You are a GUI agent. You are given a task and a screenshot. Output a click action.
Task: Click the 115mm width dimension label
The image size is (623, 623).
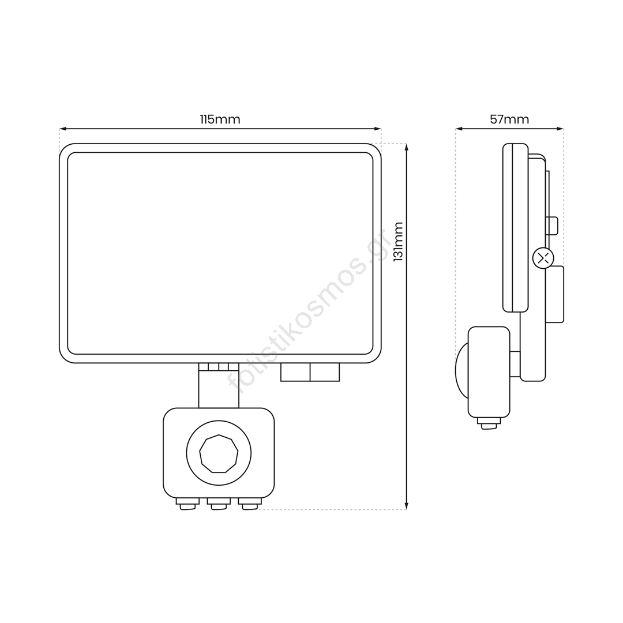[220, 119]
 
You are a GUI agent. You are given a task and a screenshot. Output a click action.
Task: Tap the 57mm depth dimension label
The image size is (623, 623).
[509, 119]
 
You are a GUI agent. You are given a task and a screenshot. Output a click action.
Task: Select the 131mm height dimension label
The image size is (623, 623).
[398, 242]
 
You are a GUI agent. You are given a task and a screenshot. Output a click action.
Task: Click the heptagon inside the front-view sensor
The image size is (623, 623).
[219, 453]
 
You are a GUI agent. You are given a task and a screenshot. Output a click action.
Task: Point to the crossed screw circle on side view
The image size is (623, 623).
[543, 258]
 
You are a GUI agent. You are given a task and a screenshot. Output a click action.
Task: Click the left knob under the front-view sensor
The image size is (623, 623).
[187, 504]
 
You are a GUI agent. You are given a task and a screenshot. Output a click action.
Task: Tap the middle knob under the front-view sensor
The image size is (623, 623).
[219, 504]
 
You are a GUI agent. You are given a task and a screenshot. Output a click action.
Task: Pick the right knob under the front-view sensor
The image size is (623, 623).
[250, 504]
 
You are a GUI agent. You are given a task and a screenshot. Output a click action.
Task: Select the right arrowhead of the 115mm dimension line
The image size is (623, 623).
[377, 129]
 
